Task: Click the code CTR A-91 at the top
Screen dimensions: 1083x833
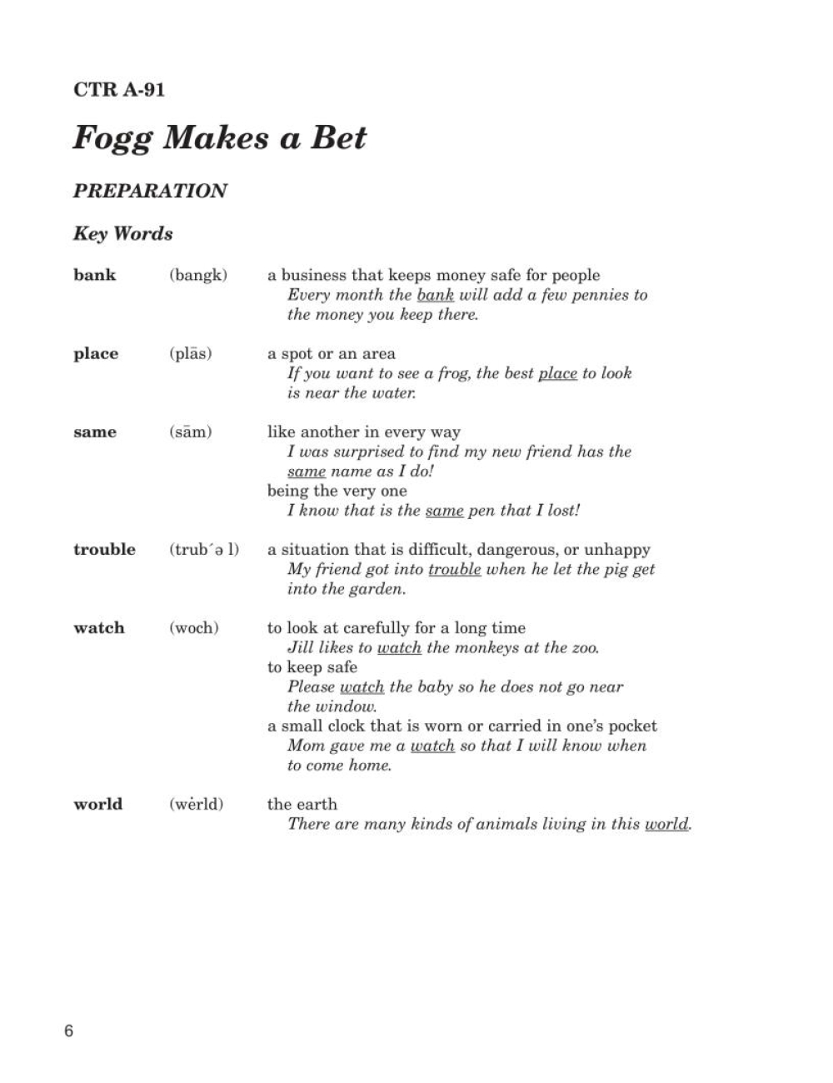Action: point(119,89)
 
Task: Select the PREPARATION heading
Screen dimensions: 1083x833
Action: point(150,191)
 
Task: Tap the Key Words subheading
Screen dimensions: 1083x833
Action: point(123,233)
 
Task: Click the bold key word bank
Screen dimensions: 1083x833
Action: point(95,275)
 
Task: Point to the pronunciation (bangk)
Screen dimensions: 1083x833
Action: point(198,275)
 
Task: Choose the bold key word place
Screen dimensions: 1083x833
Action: point(96,354)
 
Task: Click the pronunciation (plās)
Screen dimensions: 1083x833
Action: point(191,354)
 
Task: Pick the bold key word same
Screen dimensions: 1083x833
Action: point(95,432)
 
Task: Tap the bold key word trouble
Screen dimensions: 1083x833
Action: point(104,550)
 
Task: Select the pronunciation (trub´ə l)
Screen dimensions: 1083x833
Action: point(204,550)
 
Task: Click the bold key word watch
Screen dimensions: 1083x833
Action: point(99,628)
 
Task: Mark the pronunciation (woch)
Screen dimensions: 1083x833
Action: point(194,628)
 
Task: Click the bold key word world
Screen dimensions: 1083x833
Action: point(97,805)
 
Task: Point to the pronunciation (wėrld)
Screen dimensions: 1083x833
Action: point(197,805)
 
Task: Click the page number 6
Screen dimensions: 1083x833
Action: point(68,1031)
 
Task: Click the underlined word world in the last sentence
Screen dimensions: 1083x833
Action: point(666,825)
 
